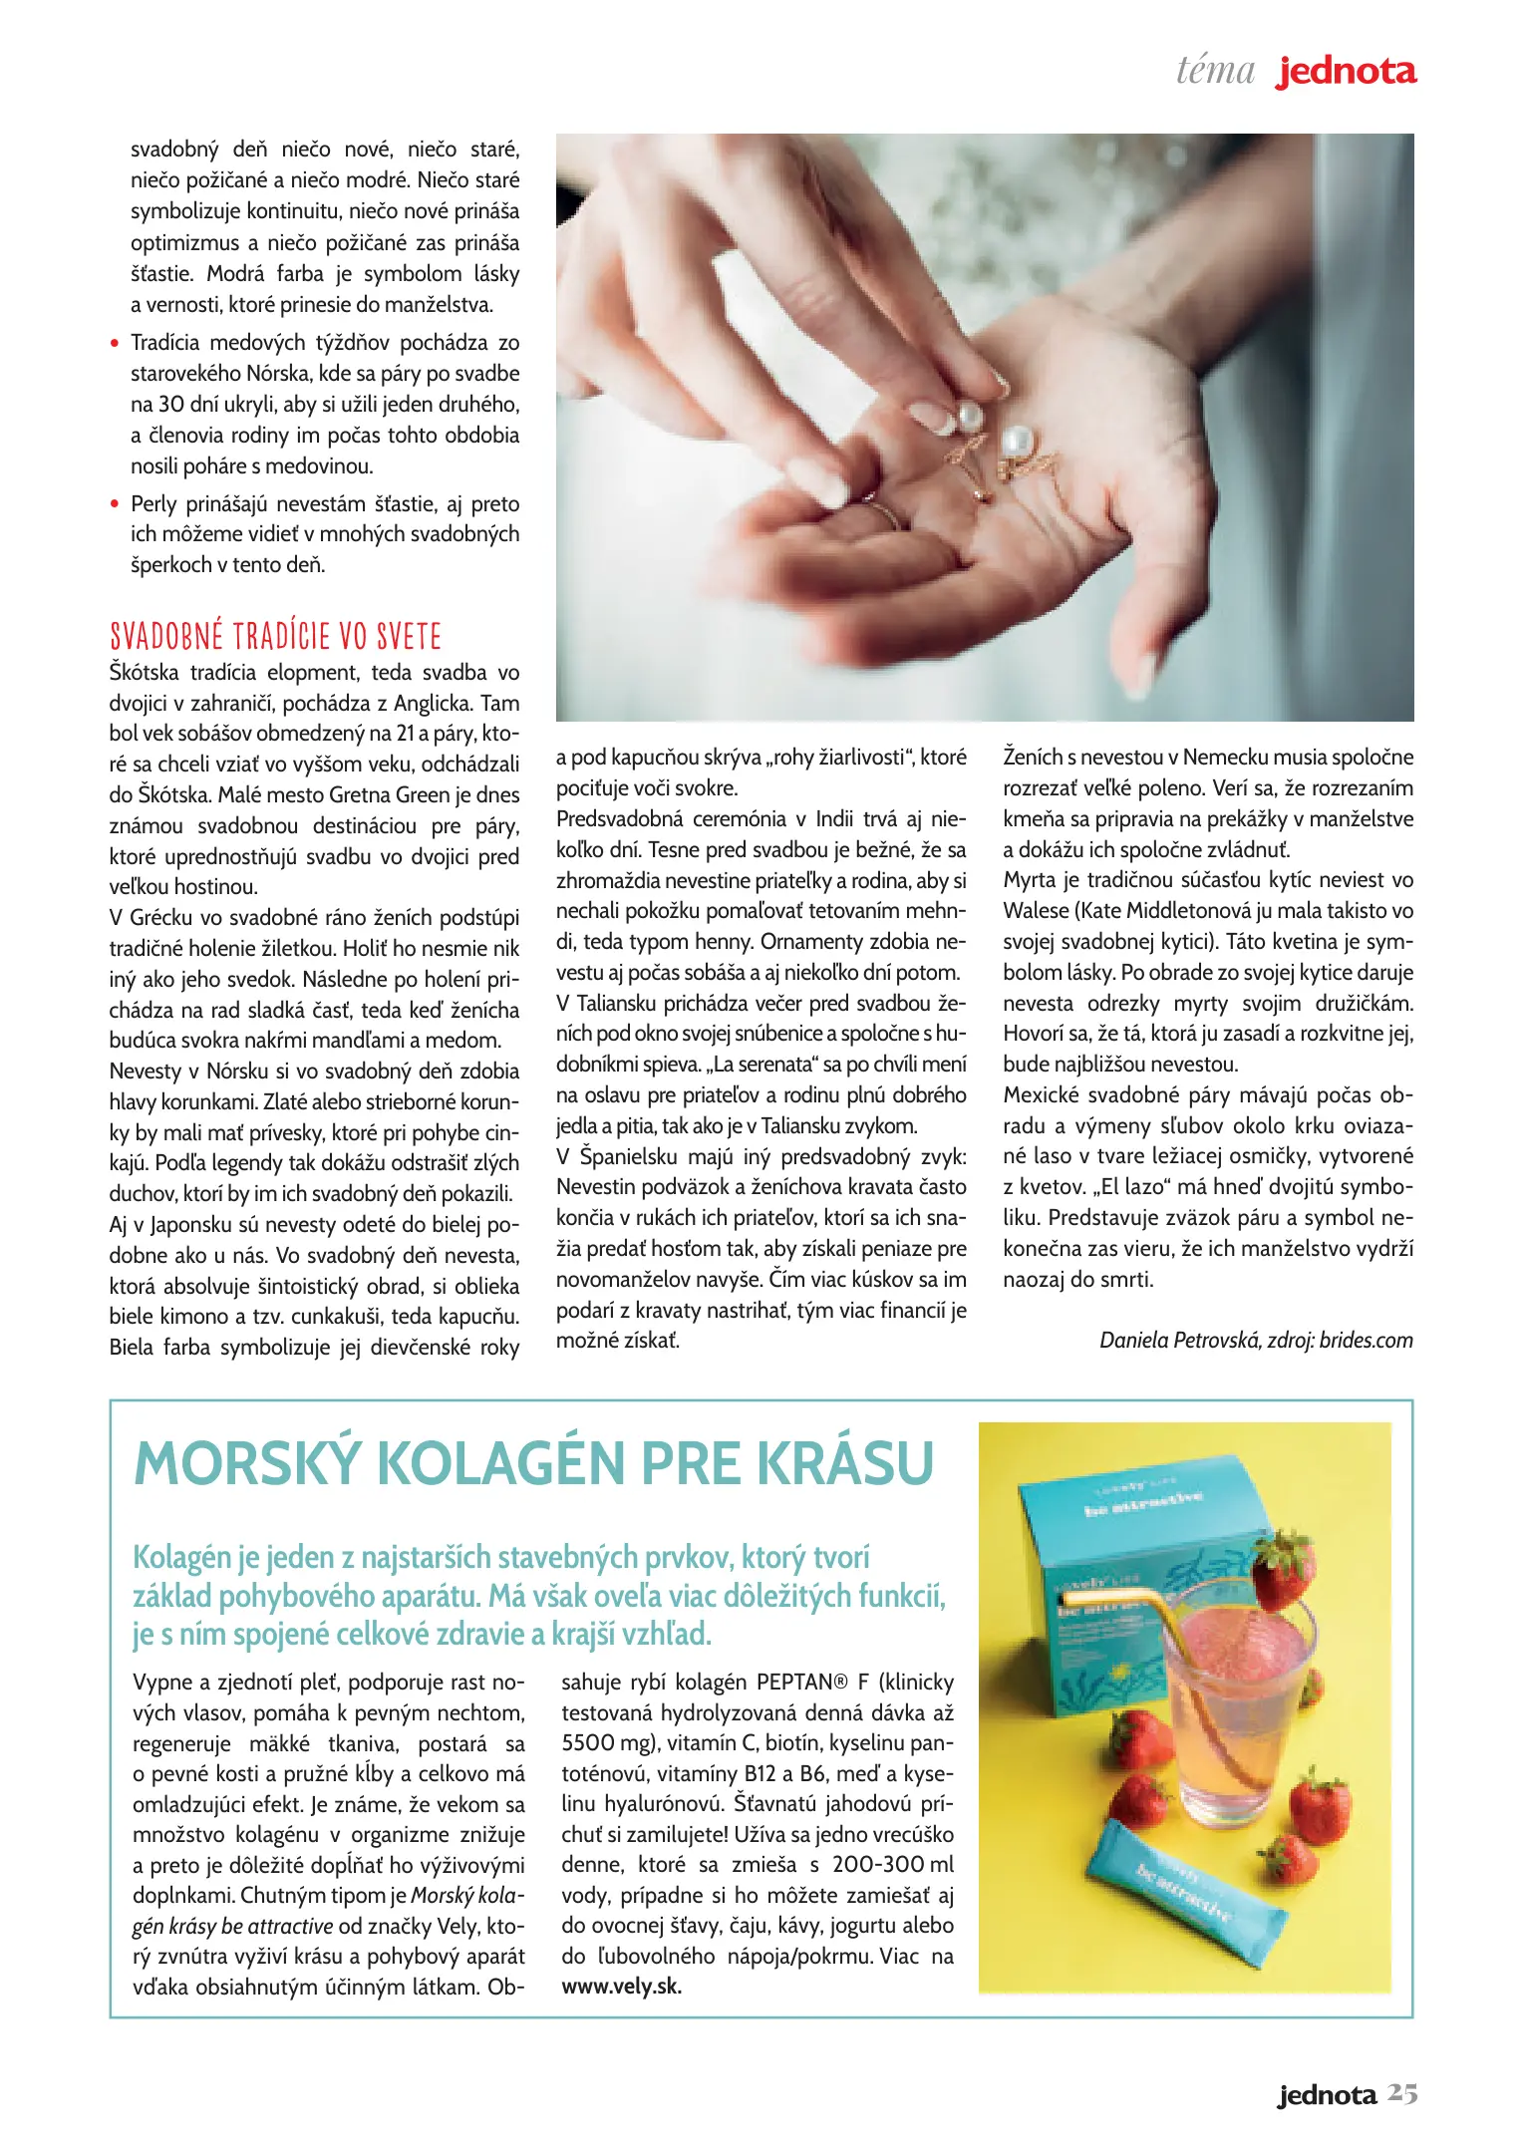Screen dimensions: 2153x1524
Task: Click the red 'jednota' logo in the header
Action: tap(1346, 72)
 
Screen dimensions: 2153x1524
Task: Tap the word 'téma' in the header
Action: tap(1215, 71)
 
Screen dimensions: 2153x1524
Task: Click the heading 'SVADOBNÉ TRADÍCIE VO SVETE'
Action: tap(275, 636)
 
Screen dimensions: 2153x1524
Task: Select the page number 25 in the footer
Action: tap(1402, 2094)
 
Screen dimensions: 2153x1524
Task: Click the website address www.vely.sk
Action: tap(621, 1986)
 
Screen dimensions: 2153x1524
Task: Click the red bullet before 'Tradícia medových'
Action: tap(116, 344)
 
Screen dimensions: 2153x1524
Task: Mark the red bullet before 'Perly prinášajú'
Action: tap(116, 504)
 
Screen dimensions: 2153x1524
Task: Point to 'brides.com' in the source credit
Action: tap(1366, 1341)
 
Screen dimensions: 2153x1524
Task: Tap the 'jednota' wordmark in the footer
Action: tap(1327, 2095)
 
